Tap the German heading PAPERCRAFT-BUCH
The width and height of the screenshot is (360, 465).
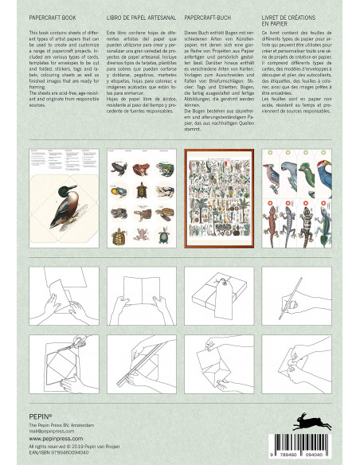(211, 15)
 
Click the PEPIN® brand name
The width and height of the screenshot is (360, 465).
(29, 412)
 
